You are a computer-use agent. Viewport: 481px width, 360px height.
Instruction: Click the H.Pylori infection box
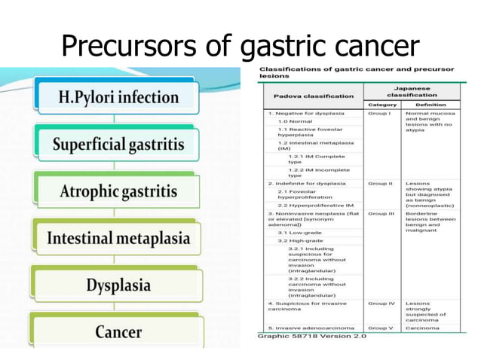point(119,97)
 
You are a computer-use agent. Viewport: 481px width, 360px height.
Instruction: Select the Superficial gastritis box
point(119,143)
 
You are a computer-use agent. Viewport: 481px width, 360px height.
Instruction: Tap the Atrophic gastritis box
point(119,191)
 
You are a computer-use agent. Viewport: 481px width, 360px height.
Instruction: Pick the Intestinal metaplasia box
point(119,238)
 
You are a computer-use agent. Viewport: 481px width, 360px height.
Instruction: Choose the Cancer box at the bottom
point(118,331)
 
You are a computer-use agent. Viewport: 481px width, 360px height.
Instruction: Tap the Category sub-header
point(381,105)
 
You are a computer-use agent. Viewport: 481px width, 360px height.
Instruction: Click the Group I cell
point(379,113)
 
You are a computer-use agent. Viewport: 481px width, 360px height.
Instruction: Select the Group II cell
point(380,183)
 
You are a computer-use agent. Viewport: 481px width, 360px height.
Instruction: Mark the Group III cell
point(381,213)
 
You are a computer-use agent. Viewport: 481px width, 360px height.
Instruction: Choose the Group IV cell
point(381,304)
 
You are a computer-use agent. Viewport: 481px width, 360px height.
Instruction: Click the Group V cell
point(380,328)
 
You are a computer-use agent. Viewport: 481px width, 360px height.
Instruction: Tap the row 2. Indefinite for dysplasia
point(308,183)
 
